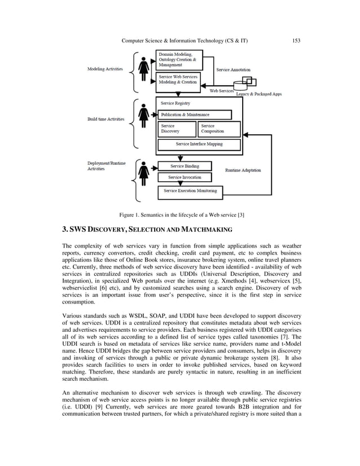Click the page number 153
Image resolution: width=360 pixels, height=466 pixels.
pyautogui.click(x=296, y=41)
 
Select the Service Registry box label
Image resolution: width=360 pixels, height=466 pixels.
pyautogui.click(x=175, y=103)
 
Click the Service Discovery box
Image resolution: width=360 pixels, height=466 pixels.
pyautogui.click(x=176, y=129)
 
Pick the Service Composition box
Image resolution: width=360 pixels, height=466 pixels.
pyautogui.click(x=219, y=129)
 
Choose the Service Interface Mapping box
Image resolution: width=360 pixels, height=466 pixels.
pyautogui.click(x=199, y=144)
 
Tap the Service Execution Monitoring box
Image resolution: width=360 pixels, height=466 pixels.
pyautogui.click(x=190, y=191)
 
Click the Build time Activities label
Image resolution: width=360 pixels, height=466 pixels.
pyautogui.click(x=106, y=119)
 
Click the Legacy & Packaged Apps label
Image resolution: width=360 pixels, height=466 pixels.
pyautogui.click(x=258, y=94)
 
